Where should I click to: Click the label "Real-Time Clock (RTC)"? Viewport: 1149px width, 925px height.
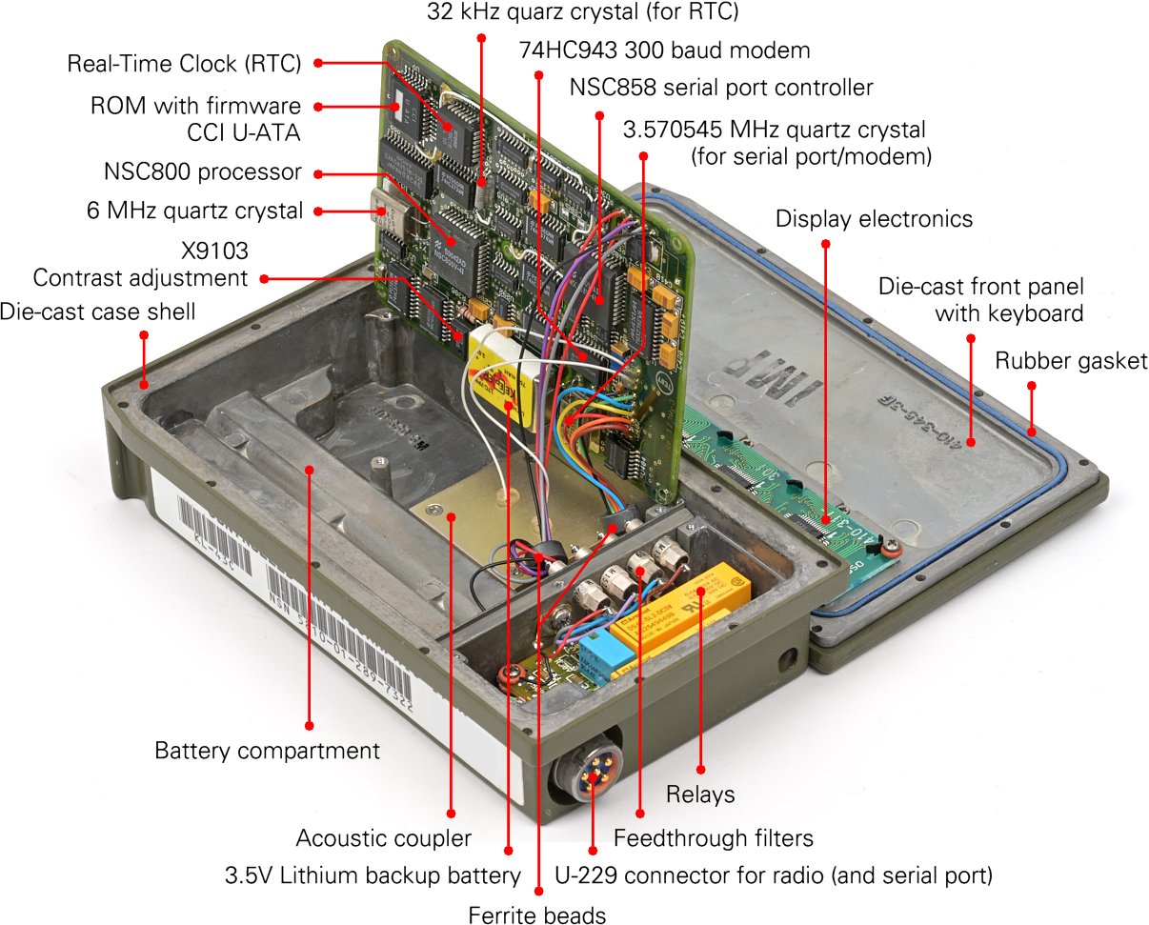pyautogui.click(x=183, y=65)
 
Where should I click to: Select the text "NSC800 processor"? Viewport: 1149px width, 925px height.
pyautogui.click(x=202, y=172)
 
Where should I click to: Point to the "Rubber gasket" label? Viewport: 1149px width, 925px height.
pyautogui.click(x=1071, y=361)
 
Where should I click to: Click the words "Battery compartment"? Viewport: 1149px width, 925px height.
pyautogui.click(x=267, y=751)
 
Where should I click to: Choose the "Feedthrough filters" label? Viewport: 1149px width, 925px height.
pyautogui.click(x=714, y=838)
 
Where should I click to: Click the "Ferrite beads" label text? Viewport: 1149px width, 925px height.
pyautogui.click(x=537, y=915)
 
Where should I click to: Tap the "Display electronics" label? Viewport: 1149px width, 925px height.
pyautogui.click(x=874, y=219)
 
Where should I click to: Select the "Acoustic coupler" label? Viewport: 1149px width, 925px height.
pyautogui.click(x=384, y=838)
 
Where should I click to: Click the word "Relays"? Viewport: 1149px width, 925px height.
pyautogui.click(x=700, y=794)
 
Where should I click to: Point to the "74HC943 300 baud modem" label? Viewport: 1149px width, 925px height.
pyautogui.click(x=664, y=50)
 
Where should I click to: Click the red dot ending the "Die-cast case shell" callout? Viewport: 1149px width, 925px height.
pyautogui.click(x=144, y=334)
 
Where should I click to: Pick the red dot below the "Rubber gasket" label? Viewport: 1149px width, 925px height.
pyautogui.click(x=1031, y=386)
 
